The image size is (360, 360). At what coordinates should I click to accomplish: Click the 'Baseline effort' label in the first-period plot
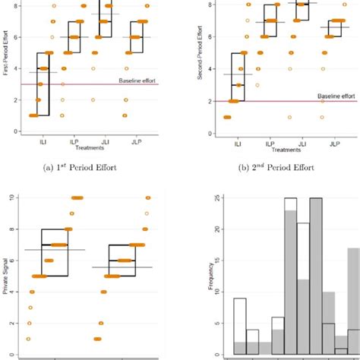point(138,80)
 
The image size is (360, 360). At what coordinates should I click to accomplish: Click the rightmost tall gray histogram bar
point(353,304)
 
